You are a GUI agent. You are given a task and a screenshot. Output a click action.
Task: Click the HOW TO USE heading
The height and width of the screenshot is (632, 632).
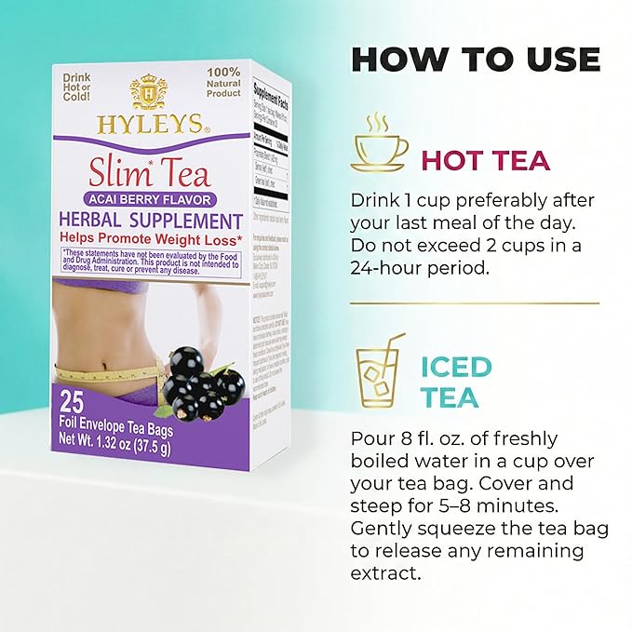click(x=474, y=59)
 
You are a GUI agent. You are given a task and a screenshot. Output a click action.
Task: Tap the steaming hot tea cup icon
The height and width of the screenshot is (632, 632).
click(x=379, y=146)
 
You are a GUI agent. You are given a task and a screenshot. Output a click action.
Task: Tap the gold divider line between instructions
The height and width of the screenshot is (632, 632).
click(x=474, y=303)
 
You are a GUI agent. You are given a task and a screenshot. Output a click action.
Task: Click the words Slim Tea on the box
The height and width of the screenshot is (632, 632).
click(x=150, y=174)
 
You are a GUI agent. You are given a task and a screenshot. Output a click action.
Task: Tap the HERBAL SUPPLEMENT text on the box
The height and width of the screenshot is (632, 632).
click(x=152, y=221)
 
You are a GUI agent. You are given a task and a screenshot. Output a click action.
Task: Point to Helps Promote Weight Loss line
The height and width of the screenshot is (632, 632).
click(x=152, y=239)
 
